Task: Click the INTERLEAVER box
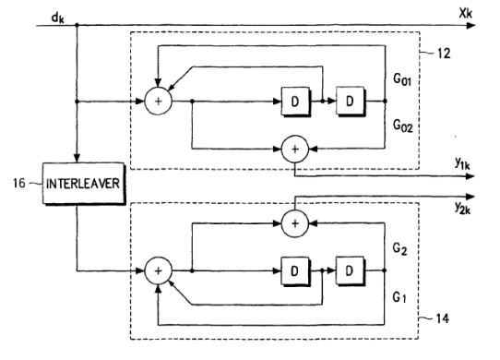click(84, 183)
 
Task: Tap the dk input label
click(58, 18)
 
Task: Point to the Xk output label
click(466, 14)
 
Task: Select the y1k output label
click(462, 163)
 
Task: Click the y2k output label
click(462, 208)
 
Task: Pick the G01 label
click(402, 78)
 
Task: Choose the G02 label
click(403, 126)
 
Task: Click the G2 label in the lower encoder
click(399, 248)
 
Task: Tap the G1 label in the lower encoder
click(399, 297)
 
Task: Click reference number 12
click(444, 54)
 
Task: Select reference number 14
click(442, 318)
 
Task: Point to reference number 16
click(19, 183)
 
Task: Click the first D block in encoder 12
click(295, 102)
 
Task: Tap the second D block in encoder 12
click(351, 101)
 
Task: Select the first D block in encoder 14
click(295, 271)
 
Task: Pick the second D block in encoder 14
click(350, 270)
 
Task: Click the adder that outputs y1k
click(295, 149)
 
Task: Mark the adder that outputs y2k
click(295, 223)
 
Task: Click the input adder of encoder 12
click(158, 102)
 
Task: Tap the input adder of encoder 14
click(158, 271)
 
